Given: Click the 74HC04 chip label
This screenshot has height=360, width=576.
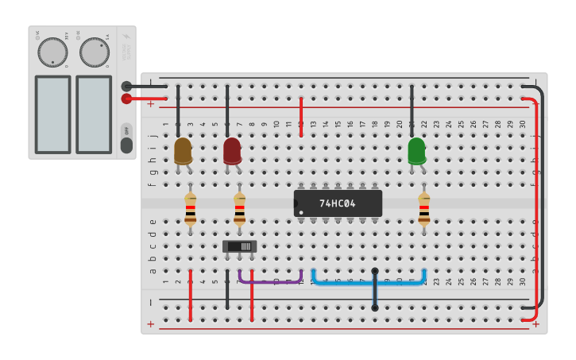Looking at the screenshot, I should click(338, 203).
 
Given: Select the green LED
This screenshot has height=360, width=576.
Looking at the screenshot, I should click(416, 151).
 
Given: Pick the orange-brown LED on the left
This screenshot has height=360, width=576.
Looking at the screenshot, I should click(183, 150).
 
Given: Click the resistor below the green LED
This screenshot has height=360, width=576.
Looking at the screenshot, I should click(424, 208).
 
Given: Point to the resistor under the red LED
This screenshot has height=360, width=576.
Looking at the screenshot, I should click(239, 208).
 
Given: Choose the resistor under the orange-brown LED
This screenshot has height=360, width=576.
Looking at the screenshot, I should click(190, 208).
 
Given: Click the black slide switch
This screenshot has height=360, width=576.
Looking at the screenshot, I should click(239, 246).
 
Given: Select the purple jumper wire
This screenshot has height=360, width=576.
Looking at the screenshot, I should click(270, 281).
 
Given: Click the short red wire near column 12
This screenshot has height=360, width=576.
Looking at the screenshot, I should click(301, 117).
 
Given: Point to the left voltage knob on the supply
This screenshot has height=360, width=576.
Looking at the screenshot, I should click(52, 52).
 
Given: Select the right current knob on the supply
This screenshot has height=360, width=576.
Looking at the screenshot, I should click(95, 52).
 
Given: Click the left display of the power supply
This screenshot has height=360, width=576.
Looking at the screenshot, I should click(52, 114).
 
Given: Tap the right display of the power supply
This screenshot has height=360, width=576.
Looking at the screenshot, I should click(94, 114).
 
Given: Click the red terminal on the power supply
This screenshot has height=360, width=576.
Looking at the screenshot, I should click(126, 99).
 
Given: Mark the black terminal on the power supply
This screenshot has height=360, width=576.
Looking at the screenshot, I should click(126, 86).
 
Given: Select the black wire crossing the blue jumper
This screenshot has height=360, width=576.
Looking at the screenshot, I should click(375, 289).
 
